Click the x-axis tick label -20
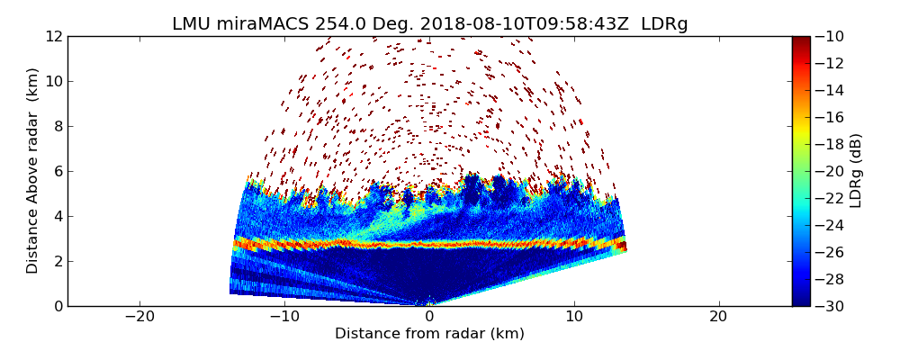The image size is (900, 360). (139, 318)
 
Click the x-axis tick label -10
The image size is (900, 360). (284, 318)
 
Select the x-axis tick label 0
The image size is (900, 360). (429, 318)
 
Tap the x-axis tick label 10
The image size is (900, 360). (574, 318)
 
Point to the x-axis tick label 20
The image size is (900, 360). (718, 318)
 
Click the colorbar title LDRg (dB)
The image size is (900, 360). (856, 171)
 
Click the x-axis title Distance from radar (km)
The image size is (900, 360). (429, 334)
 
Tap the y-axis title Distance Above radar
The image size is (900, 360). (33, 171)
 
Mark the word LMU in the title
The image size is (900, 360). (191, 24)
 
